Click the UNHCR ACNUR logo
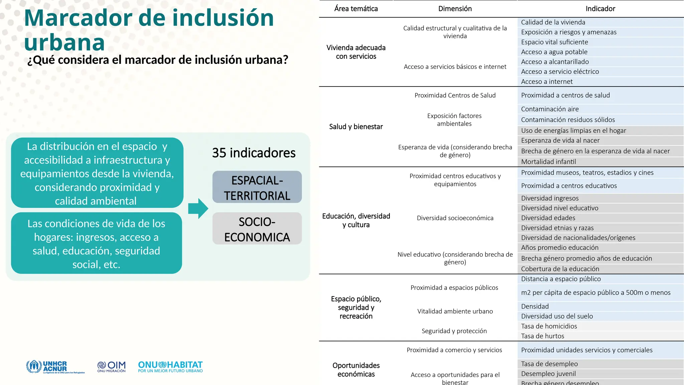pos(55,367)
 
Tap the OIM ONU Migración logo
pos(112,367)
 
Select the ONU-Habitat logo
pos(170,367)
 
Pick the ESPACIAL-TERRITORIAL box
pos(257,187)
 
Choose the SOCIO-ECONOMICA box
pos(257,229)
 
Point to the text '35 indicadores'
pos(254,153)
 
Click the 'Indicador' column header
pos(600,9)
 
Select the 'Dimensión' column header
pos(455,9)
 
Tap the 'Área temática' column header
pos(356,9)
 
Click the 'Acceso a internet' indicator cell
pos(547,82)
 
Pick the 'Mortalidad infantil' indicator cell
pos(548,162)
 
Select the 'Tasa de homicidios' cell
pos(549,326)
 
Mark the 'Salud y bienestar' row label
pos(356,127)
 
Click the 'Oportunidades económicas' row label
pos(356,370)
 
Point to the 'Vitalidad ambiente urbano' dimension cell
pos(455,311)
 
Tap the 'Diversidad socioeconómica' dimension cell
pos(455,218)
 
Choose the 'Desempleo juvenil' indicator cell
pos(548,374)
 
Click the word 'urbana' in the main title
pos(64,42)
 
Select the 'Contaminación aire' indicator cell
pos(550,109)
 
